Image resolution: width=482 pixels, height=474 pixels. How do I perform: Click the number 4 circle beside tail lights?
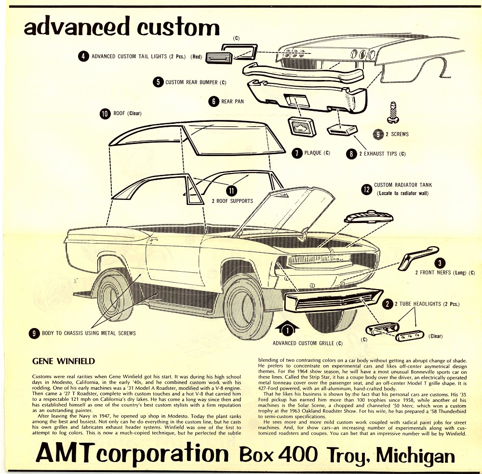tap(83, 56)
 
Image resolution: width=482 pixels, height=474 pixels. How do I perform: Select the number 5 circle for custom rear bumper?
tap(158, 82)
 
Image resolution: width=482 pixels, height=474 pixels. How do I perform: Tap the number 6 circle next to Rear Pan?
tap(214, 101)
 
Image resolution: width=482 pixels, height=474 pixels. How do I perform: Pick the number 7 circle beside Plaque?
tap(297, 153)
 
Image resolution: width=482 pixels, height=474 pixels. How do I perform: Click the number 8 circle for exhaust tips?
tap(352, 154)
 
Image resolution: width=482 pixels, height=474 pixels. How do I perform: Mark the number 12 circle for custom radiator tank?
tap(366, 188)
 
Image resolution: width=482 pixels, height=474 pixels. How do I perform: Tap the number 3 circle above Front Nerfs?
tap(439, 263)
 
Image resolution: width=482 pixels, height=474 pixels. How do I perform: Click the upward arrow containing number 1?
tap(287, 329)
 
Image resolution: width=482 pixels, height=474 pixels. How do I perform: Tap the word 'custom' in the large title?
tap(177, 26)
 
